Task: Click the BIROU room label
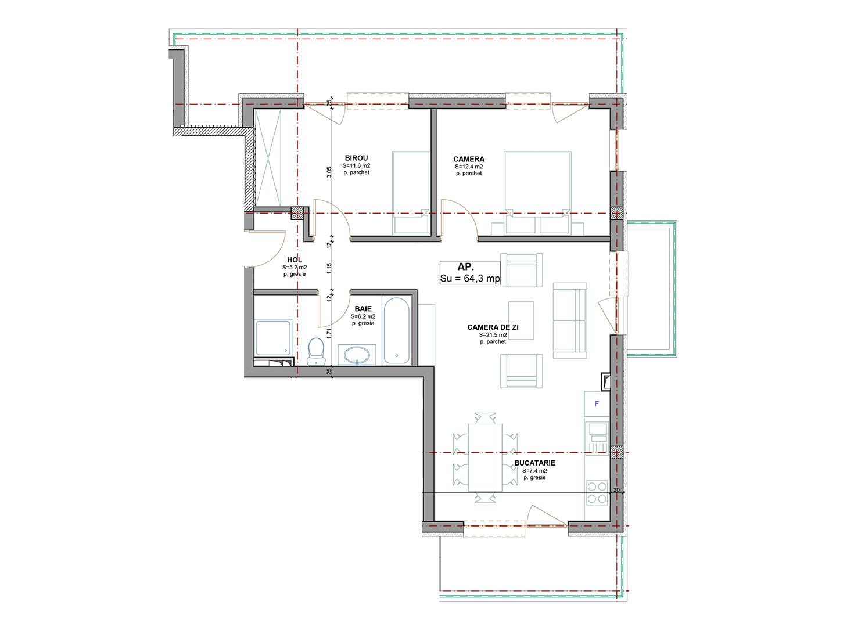(x=356, y=158)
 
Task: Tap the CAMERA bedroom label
(x=468, y=159)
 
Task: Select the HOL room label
(x=295, y=261)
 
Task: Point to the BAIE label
(x=357, y=309)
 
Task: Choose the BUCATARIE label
(x=534, y=463)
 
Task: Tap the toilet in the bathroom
(x=315, y=351)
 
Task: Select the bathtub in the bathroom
(x=397, y=331)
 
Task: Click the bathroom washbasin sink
(x=357, y=355)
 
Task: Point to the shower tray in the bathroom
(x=273, y=337)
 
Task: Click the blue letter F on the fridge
(x=595, y=403)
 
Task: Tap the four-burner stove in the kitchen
(x=596, y=492)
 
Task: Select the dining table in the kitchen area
(x=485, y=457)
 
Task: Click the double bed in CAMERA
(x=537, y=185)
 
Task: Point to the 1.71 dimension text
(x=329, y=333)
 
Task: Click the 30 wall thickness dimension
(x=616, y=489)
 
